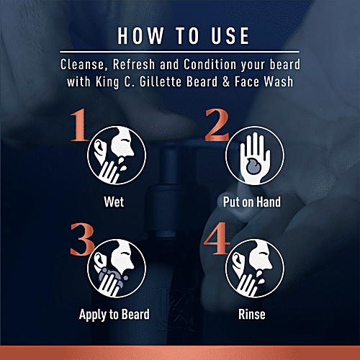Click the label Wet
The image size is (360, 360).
tap(113, 202)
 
